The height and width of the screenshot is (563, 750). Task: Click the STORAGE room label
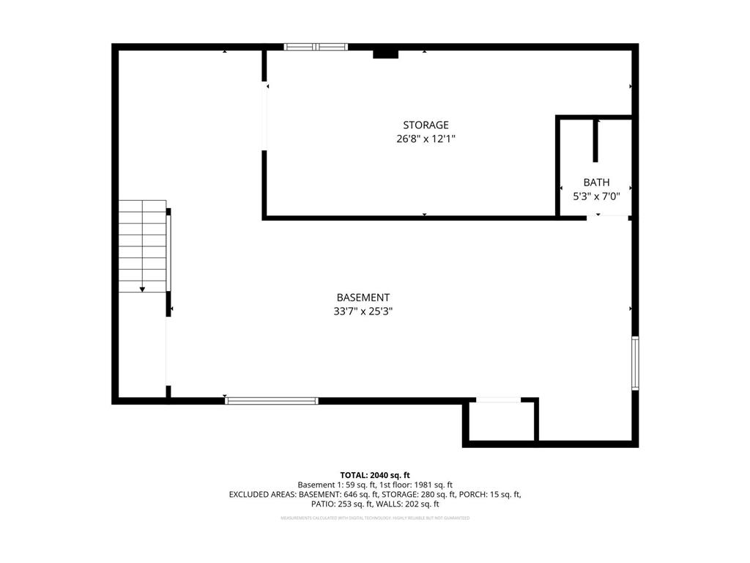click(x=426, y=125)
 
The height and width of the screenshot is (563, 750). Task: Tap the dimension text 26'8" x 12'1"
click(x=426, y=139)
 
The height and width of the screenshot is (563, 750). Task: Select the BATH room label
click(x=596, y=183)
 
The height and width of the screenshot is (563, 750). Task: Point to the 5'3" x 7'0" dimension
click(x=596, y=196)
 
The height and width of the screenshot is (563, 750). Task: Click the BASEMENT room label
click(x=363, y=298)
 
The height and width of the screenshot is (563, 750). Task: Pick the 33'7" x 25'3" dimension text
click(x=363, y=311)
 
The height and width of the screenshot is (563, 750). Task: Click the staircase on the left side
click(x=144, y=246)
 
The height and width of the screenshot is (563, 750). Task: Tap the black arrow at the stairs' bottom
click(x=142, y=289)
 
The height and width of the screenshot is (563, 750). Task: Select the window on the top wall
click(x=316, y=47)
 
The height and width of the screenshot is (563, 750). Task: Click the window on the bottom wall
click(x=272, y=401)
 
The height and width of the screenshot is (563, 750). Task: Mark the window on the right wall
click(x=635, y=363)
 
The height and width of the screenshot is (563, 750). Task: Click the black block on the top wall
click(x=385, y=54)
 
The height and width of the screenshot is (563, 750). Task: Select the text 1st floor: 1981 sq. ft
click(x=416, y=485)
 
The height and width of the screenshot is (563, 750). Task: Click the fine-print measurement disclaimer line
click(x=375, y=518)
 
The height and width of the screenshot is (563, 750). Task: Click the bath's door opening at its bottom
click(x=607, y=216)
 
